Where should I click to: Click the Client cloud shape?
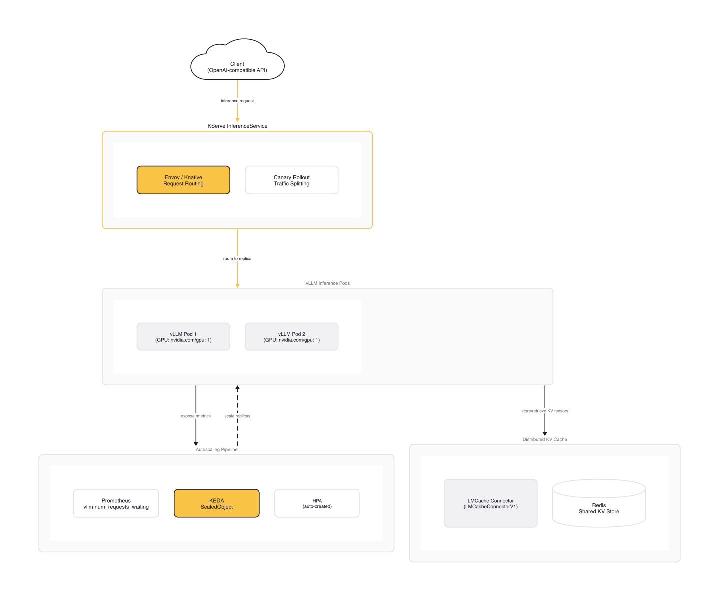[237, 65]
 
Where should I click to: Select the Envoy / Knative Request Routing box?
[183, 180]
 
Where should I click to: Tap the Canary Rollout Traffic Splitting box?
[291, 180]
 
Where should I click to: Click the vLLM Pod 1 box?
[183, 337]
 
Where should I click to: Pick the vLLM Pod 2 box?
[291, 337]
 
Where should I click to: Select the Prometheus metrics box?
[116, 503]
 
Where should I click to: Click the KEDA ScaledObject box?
[216, 503]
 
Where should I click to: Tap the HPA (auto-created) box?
[317, 503]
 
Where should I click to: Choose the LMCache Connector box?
[490, 503]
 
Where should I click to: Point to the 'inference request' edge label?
[237, 101]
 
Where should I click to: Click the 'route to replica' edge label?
[237, 259]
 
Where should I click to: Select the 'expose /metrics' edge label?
[196, 416]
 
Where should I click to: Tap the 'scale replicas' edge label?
[237, 416]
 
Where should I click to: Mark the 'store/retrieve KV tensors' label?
[545, 411]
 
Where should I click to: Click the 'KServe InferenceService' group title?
[237, 126]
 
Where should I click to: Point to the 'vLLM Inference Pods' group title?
[328, 283]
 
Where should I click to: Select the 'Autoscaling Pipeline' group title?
[216, 449]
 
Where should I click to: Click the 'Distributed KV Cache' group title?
[545, 439]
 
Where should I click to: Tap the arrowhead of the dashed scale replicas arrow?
[237, 388]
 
